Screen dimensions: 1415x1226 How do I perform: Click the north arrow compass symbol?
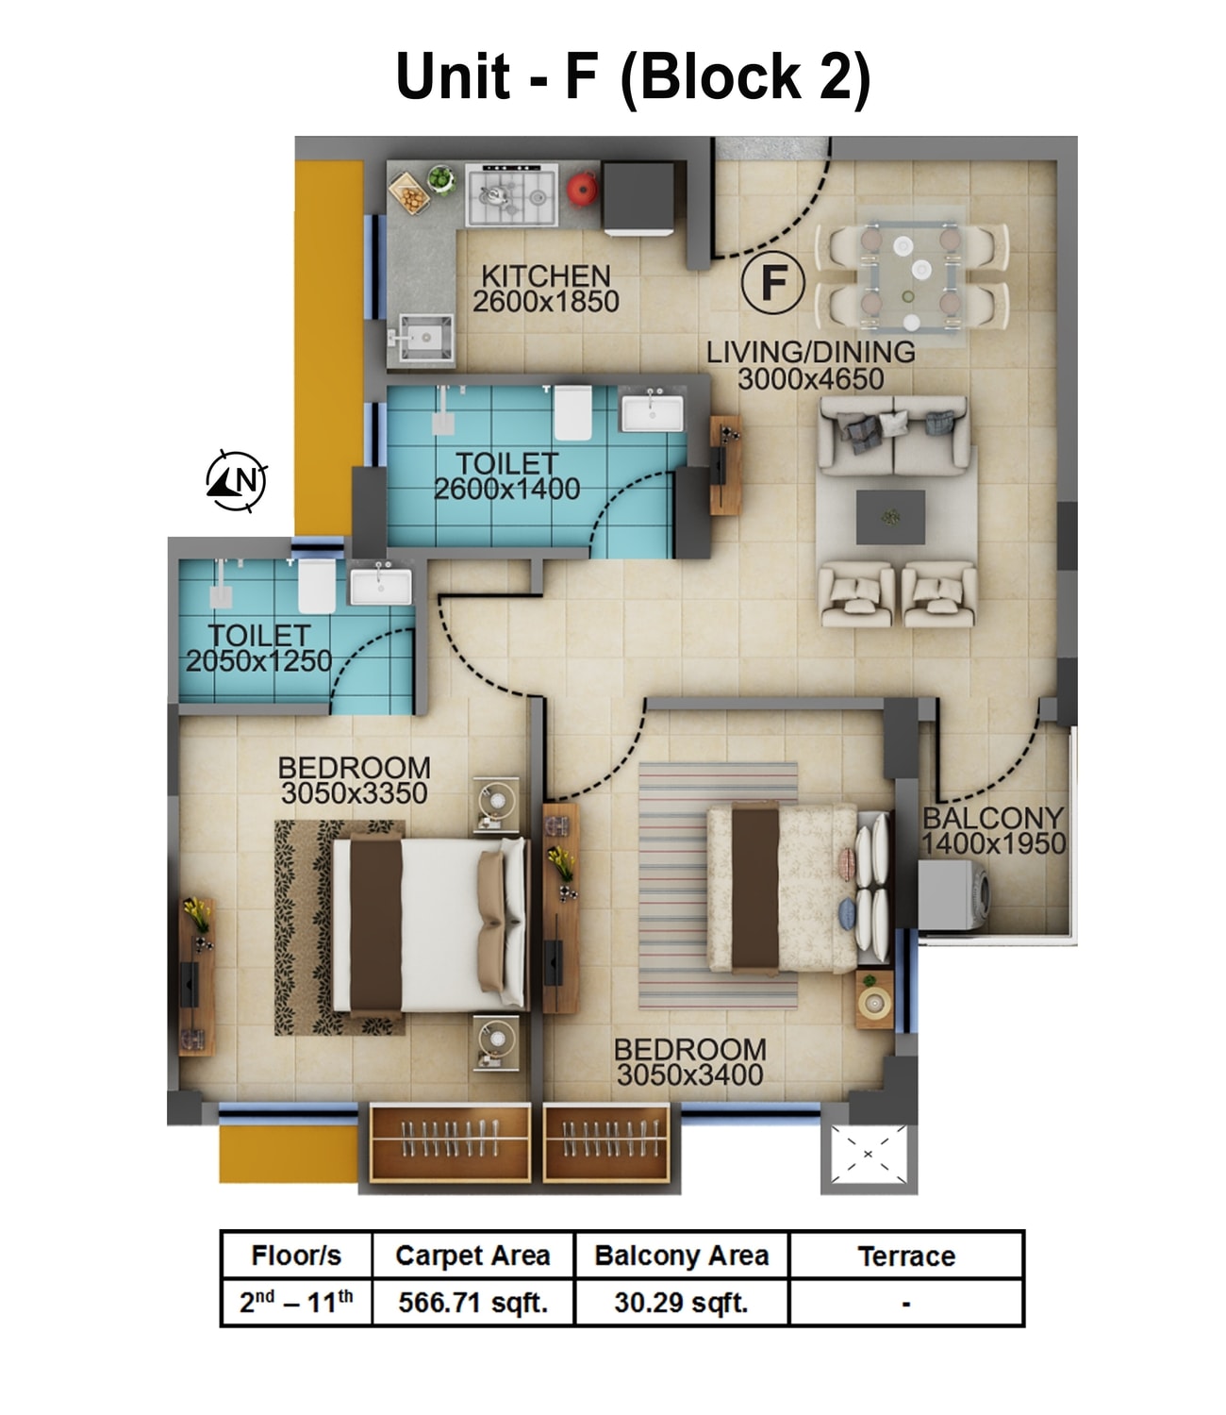point(237,480)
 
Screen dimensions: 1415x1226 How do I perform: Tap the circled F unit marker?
point(772,283)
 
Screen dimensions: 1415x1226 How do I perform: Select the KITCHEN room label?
point(545,276)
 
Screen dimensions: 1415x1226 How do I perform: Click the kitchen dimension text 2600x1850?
point(545,302)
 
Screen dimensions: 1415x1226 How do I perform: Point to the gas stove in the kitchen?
point(512,195)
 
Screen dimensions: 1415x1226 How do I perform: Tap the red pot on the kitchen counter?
point(582,189)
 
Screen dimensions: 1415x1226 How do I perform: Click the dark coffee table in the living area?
point(889,517)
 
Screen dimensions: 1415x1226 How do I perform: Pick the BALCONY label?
point(992,818)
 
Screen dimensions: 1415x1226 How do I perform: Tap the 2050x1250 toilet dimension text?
point(258,661)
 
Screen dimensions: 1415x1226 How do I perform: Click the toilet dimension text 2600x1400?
point(506,489)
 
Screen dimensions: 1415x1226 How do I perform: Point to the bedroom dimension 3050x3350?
point(354,793)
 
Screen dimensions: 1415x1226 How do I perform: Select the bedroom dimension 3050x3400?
point(689,1074)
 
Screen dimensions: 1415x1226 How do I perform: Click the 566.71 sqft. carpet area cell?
point(472,1303)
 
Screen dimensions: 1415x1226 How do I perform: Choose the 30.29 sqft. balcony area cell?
point(681,1303)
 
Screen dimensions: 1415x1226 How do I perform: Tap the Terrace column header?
point(905,1256)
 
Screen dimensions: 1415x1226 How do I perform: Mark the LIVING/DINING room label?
point(810,352)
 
